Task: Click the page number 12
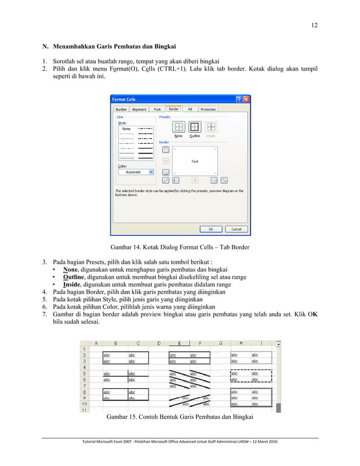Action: (x=314, y=25)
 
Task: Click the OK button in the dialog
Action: (x=211, y=229)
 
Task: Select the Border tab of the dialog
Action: (x=174, y=109)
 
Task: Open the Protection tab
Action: (x=208, y=109)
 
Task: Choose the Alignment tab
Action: (x=139, y=109)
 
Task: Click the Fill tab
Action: (x=190, y=109)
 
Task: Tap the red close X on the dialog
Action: (x=246, y=99)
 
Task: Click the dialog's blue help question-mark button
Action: (x=239, y=99)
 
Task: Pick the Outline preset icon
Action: (x=194, y=127)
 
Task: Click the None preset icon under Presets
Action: (x=178, y=127)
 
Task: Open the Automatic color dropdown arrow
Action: (x=151, y=172)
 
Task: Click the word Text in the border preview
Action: (x=194, y=161)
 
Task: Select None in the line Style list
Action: (x=126, y=129)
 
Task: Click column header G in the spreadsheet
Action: (x=220, y=342)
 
